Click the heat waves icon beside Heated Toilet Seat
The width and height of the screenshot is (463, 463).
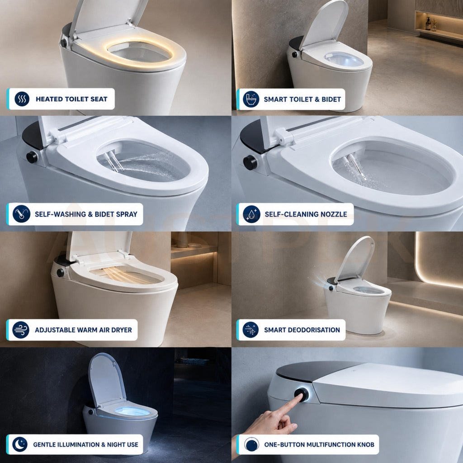(x=22, y=99)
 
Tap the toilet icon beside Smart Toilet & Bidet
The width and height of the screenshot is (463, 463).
(x=251, y=99)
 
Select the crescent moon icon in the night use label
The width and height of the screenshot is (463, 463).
(x=20, y=444)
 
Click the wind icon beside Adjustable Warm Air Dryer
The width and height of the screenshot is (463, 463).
(x=21, y=330)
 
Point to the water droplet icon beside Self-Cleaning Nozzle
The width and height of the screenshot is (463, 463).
(x=251, y=214)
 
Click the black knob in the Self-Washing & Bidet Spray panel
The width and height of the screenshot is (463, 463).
(x=32, y=157)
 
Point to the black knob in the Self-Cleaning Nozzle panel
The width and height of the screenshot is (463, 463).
(x=250, y=162)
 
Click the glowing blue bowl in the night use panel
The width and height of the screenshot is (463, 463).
(x=132, y=411)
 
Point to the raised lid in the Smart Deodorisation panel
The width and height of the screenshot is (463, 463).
(x=355, y=258)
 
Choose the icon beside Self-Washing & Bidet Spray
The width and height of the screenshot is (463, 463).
(x=21, y=214)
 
